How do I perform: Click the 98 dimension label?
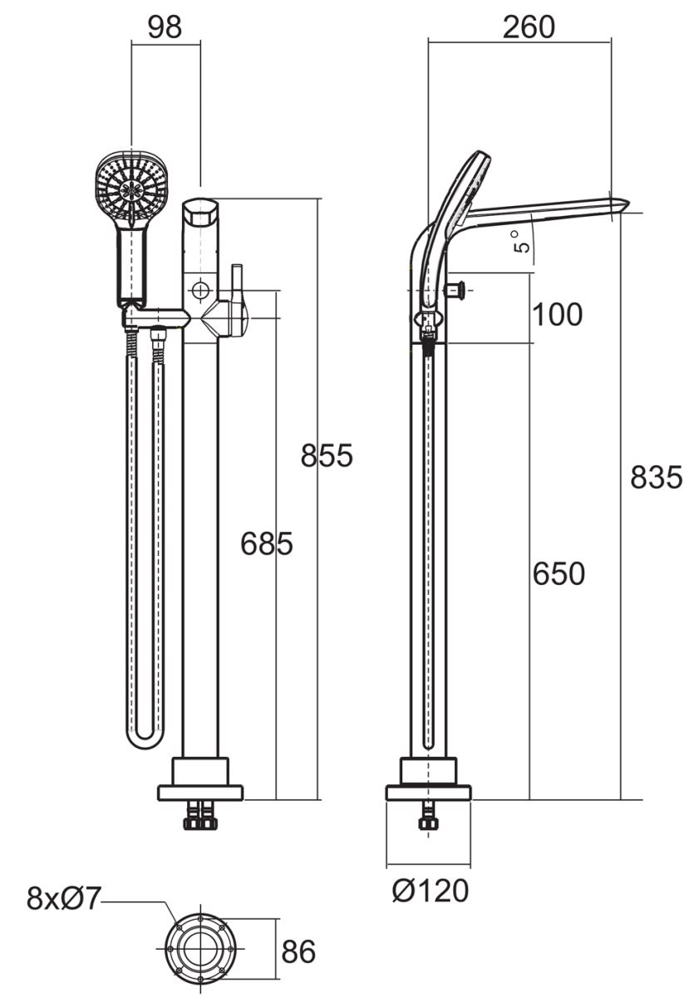click(165, 27)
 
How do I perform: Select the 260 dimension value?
click(529, 27)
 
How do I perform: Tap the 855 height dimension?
click(327, 455)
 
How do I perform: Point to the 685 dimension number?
click(267, 543)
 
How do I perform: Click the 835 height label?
click(656, 478)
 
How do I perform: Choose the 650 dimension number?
click(559, 574)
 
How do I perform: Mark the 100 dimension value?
click(557, 315)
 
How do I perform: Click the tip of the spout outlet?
click(629, 204)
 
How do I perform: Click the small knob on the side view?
click(455, 291)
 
